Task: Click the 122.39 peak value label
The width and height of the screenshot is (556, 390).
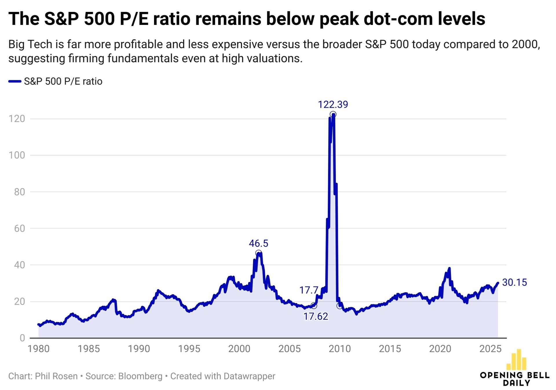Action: (x=333, y=105)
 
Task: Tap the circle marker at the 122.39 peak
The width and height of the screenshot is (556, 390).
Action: (x=333, y=114)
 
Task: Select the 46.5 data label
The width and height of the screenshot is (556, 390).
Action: (x=258, y=243)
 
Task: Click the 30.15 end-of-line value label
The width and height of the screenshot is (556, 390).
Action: (x=514, y=282)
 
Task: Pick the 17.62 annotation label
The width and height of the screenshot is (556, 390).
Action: (x=316, y=316)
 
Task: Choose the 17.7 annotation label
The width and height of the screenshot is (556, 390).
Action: (x=309, y=290)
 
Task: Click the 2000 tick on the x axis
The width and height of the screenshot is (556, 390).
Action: (x=239, y=349)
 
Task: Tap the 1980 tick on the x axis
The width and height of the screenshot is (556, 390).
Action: (x=39, y=349)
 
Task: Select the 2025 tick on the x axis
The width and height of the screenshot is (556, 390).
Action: (x=490, y=349)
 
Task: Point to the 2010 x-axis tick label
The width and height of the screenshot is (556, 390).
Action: (x=340, y=349)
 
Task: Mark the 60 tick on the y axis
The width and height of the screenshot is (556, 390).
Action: (x=19, y=228)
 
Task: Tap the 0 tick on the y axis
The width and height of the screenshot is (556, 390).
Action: (x=22, y=338)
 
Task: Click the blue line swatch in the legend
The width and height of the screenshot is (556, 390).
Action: (x=15, y=81)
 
